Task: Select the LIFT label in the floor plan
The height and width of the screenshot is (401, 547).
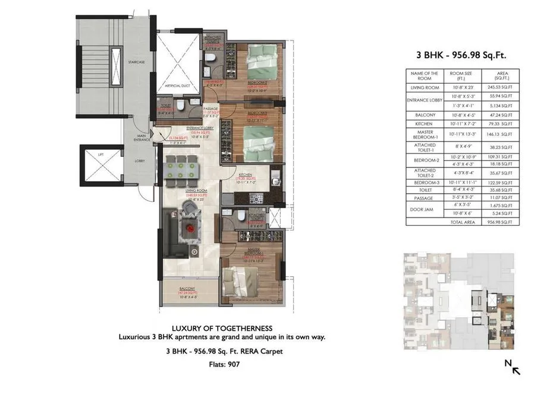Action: pyautogui.click(x=101, y=154)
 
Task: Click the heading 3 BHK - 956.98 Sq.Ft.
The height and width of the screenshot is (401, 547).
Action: pyautogui.click(x=461, y=55)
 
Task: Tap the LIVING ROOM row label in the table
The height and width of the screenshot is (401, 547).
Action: pyautogui.click(x=424, y=87)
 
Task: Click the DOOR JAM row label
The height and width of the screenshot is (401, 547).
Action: pyautogui.click(x=424, y=209)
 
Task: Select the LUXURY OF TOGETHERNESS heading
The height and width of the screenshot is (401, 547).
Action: pyautogui.click(x=222, y=328)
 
